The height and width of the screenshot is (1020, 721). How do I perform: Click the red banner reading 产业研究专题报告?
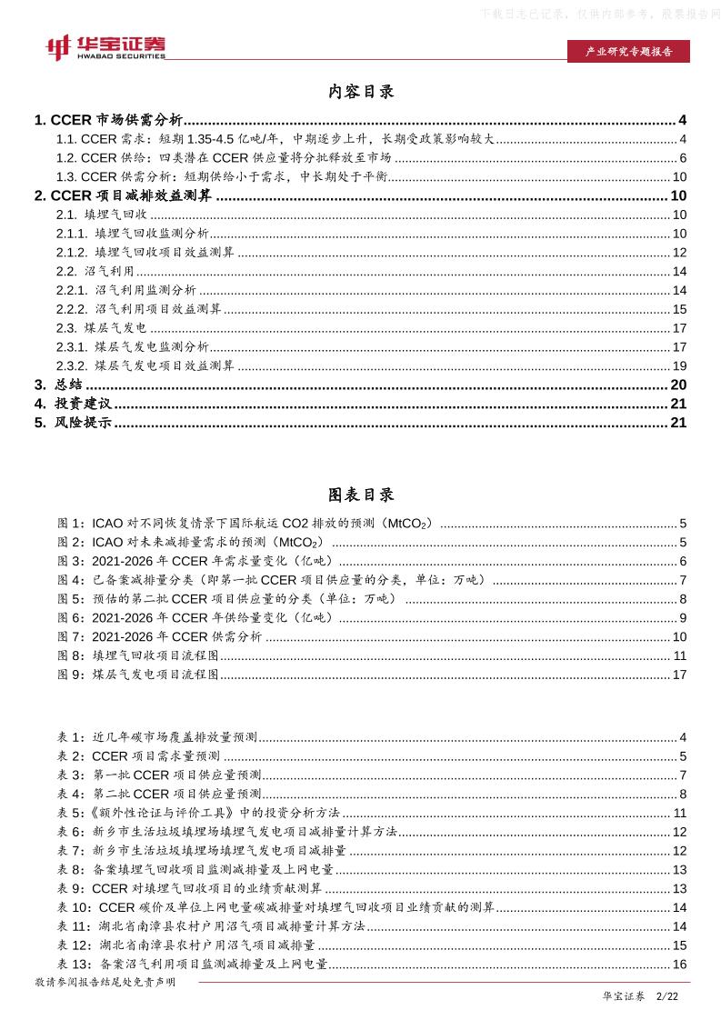point(627,52)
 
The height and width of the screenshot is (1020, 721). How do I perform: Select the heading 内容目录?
point(360,92)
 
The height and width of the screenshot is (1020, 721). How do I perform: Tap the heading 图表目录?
point(360,495)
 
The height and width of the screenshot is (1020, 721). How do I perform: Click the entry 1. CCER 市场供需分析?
point(108,120)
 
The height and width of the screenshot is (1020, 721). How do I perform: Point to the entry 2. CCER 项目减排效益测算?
point(123,195)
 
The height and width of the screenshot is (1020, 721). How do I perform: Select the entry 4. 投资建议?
point(73,403)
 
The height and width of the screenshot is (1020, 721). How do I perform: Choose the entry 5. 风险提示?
point(73,422)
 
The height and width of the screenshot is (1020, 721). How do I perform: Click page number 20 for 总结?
point(678,385)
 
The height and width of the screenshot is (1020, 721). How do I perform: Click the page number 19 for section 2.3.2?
point(678,365)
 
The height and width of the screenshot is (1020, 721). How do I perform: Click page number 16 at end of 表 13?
point(678,964)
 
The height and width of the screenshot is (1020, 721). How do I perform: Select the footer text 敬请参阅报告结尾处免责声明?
point(105,983)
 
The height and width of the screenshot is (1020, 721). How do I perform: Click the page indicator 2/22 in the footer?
point(667,997)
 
